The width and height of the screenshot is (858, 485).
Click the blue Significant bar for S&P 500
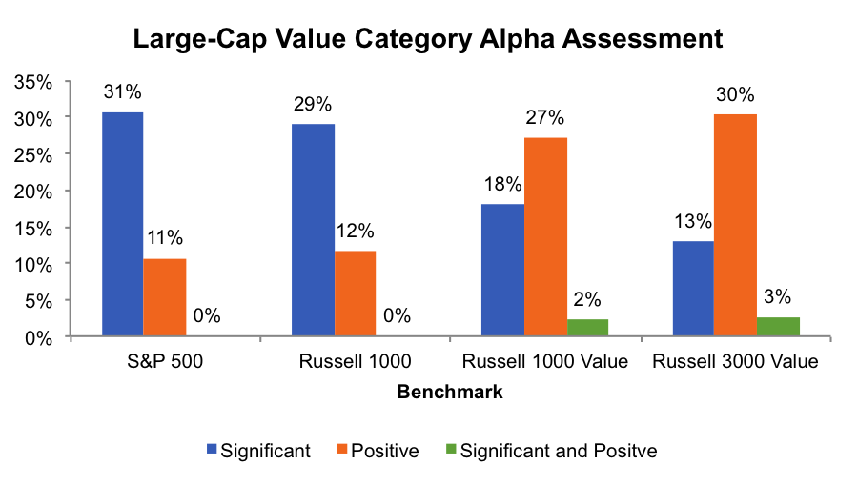pyautogui.click(x=123, y=224)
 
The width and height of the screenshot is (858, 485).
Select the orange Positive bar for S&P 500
pyautogui.click(x=166, y=297)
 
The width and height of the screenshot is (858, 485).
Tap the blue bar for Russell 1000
pyautogui.click(x=314, y=230)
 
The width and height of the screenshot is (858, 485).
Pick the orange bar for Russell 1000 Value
pyautogui.click(x=545, y=236)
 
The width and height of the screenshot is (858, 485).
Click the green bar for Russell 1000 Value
pyautogui.click(x=587, y=328)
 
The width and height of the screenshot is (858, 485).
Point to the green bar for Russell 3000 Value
pyautogui.click(x=779, y=326)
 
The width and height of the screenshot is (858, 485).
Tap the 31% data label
pyautogui.click(x=123, y=92)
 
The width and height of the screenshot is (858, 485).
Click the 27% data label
pyautogui.click(x=545, y=118)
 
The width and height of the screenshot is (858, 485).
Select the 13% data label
pyautogui.click(x=693, y=222)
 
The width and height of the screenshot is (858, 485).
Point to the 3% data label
pyautogui.click(x=779, y=297)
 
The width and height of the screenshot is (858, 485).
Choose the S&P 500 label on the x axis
pyautogui.click(x=165, y=362)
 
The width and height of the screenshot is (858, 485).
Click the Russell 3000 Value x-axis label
pyautogui.click(x=735, y=362)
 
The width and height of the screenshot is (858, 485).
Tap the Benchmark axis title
pyautogui.click(x=450, y=392)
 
